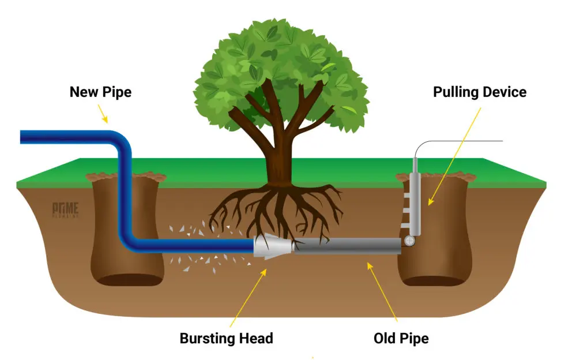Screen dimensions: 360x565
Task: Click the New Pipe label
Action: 100,92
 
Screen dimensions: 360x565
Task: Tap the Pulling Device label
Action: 480,92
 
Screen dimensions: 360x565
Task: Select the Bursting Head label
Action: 226,338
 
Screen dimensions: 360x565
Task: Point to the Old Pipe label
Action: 401,338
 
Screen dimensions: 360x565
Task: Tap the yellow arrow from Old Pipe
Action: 383,291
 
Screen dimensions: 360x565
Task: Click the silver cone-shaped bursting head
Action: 273,247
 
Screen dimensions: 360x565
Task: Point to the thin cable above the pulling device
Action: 461,141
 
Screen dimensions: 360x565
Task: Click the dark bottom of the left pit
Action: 127,280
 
